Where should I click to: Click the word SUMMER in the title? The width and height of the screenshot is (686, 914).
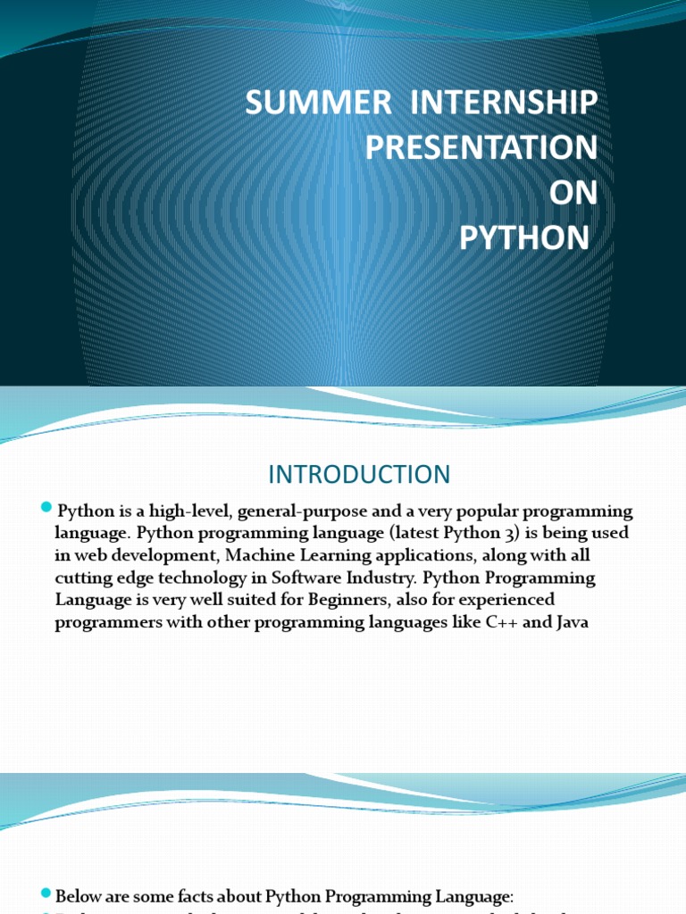318,104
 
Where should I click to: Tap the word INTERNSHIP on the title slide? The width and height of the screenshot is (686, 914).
503,104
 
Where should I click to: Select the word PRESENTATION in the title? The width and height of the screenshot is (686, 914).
481,148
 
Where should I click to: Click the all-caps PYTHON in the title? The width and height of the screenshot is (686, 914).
524,238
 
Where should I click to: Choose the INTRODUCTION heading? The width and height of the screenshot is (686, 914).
360,473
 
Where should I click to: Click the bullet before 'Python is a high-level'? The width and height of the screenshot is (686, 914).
47,509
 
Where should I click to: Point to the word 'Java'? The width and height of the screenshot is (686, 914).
571,622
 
